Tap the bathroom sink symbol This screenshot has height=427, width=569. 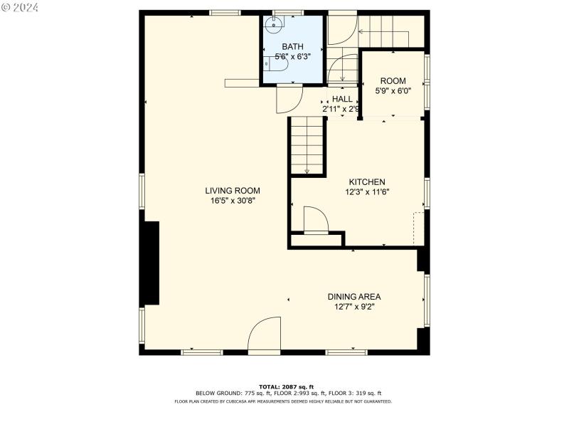272,23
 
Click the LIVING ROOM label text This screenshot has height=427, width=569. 233,191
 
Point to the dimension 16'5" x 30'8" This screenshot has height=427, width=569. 233,201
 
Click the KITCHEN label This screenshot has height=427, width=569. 367,181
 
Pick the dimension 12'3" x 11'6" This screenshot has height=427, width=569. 367,191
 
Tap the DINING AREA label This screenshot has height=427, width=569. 354,297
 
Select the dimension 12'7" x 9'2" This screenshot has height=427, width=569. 354,307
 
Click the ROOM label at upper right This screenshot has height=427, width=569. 393,80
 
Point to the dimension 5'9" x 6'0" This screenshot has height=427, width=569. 393,90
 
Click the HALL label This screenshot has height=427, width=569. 342,99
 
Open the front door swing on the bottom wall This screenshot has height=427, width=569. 266,336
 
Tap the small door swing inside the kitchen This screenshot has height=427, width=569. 314,219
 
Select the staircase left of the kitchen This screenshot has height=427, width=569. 307,146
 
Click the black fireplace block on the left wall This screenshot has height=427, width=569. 150,263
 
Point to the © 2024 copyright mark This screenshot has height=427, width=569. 21,8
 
